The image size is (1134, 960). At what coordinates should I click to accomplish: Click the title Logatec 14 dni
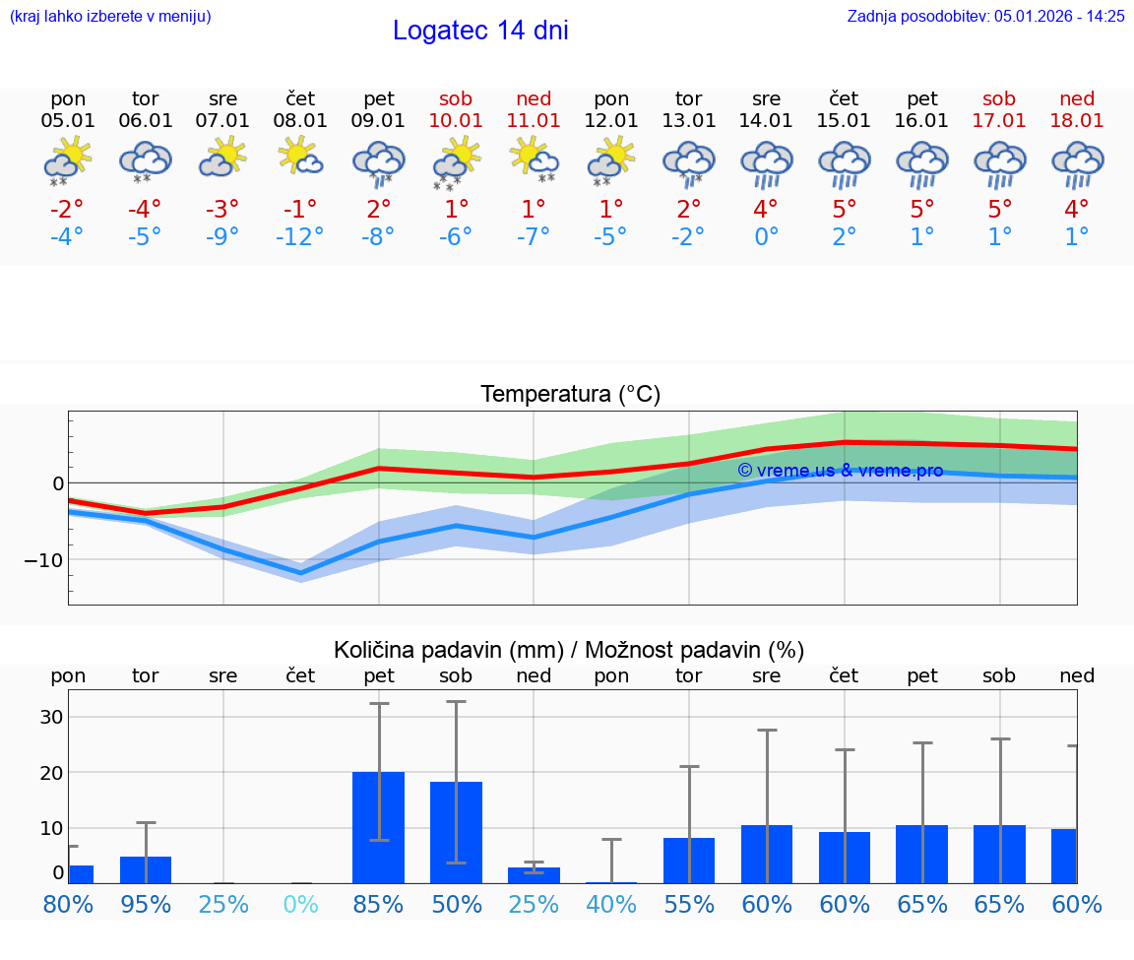(x=480, y=31)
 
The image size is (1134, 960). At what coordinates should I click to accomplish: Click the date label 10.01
(x=456, y=120)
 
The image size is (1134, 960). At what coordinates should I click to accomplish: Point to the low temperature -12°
(x=301, y=237)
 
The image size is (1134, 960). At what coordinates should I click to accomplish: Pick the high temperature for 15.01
(x=844, y=209)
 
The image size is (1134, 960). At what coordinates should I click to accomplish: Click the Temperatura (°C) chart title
(x=570, y=395)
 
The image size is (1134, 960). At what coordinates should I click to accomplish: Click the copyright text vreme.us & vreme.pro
(x=840, y=471)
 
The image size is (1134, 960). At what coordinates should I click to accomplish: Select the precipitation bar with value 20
(x=379, y=827)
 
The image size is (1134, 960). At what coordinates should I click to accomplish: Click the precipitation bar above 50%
(x=456, y=832)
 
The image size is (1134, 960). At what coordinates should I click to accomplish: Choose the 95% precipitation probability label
(x=146, y=904)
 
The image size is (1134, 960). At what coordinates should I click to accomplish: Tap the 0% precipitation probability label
(x=301, y=904)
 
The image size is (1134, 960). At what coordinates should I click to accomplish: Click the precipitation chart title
(x=569, y=650)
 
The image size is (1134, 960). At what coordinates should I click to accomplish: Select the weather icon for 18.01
(x=1077, y=163)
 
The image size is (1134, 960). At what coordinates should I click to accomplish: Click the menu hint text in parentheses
(x=110, y=16)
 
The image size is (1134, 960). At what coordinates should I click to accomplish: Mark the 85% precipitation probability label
(x=379, y=904)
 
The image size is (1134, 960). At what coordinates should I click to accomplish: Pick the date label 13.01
(x=689, y=120)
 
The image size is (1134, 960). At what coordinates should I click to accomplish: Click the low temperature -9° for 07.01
(x=223, y=237)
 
